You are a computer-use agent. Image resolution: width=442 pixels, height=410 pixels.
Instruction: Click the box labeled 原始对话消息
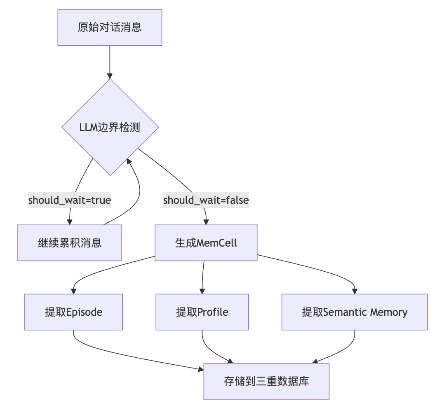tap(110, 28)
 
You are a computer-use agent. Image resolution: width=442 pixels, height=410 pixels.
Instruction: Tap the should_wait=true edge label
tap(70, 200)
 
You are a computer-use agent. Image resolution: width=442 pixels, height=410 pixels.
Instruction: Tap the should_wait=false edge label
tap(206, 200)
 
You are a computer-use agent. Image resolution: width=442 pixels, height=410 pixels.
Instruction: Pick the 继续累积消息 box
tap(70, 243)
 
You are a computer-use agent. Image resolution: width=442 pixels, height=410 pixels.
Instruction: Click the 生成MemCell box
tap(206, 243)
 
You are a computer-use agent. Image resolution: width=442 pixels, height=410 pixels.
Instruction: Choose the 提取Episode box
tap(73, 312)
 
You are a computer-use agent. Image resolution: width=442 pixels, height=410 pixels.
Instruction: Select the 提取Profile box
tap(202, 312)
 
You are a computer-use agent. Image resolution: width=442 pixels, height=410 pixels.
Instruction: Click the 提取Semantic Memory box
tap(355, 312)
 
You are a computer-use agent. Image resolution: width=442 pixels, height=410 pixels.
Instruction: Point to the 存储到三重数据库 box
tap(266, 381)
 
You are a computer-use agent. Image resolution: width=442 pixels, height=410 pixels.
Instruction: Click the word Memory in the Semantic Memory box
tap(388, 312)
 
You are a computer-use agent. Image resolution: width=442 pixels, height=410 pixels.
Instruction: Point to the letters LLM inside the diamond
tap(88, 127)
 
